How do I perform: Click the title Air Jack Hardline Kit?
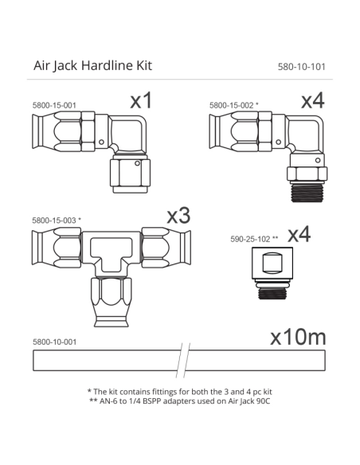click(x=92, y=65)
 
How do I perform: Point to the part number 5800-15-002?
click(x=233, y=105)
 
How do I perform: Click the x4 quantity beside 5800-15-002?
click(x=312, y=100)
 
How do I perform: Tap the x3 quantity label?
click(x=178, y=216)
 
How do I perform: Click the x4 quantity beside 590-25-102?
click(x=298, y=235)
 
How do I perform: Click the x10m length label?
click(x=298, y=337)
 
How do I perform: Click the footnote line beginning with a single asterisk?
click(x=180, y=392)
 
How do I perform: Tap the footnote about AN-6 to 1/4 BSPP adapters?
click(x=180, y=403)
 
